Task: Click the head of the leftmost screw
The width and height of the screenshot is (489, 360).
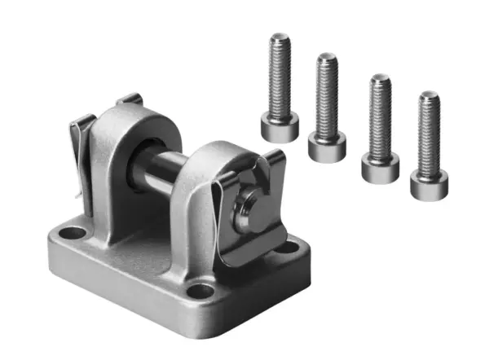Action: pyautogui.click(x=280, y=128)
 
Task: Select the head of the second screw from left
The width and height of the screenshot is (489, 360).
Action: pyautogui.click(x=327, y=147)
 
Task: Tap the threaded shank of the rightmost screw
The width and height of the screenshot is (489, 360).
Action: pyautogui.click(x=429, y=134)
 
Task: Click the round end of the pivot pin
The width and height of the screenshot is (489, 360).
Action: pyautogui.click(x=246, y=207)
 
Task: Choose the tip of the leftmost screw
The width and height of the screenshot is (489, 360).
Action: pyautogui.click(x=280, y=37)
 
